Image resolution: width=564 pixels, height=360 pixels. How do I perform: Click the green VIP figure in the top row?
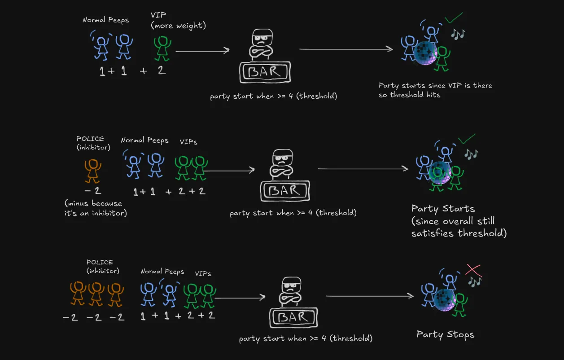162,48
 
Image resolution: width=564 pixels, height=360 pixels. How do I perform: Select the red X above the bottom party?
473,270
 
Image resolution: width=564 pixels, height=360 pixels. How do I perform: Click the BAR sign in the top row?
265,72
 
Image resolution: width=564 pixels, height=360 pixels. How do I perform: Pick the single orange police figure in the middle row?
93,171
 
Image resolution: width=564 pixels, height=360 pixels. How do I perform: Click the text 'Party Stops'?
445,334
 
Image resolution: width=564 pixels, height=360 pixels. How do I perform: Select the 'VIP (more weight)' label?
178,21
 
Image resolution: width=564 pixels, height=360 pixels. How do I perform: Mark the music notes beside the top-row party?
458,34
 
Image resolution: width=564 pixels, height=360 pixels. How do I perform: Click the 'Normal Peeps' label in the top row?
105,20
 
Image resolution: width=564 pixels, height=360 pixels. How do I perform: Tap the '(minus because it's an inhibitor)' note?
96,208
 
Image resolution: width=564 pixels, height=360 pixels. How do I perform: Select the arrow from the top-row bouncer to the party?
345,49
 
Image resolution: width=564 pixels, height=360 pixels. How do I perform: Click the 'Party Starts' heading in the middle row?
443,209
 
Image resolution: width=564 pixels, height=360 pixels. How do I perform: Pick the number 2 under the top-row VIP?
162,70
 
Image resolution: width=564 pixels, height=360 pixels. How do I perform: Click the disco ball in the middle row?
440,173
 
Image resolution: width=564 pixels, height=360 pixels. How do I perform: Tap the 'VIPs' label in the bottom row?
203,273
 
